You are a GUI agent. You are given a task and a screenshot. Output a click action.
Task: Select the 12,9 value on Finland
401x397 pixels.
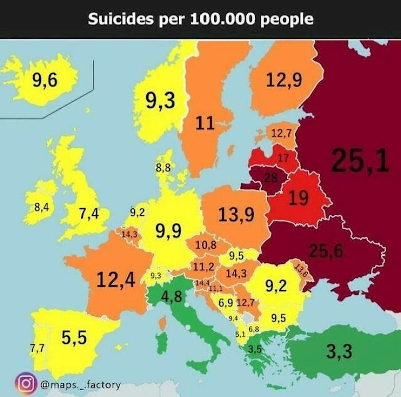coord(284,80)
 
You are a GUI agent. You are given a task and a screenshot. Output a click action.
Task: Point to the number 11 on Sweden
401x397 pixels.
coord(205,123)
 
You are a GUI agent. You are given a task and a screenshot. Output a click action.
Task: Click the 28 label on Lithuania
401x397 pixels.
coord(271,178)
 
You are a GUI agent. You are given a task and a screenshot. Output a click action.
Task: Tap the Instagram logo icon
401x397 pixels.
coord(25,385)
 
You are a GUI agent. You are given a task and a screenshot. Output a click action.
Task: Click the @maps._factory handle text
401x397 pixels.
coord(79,385)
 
